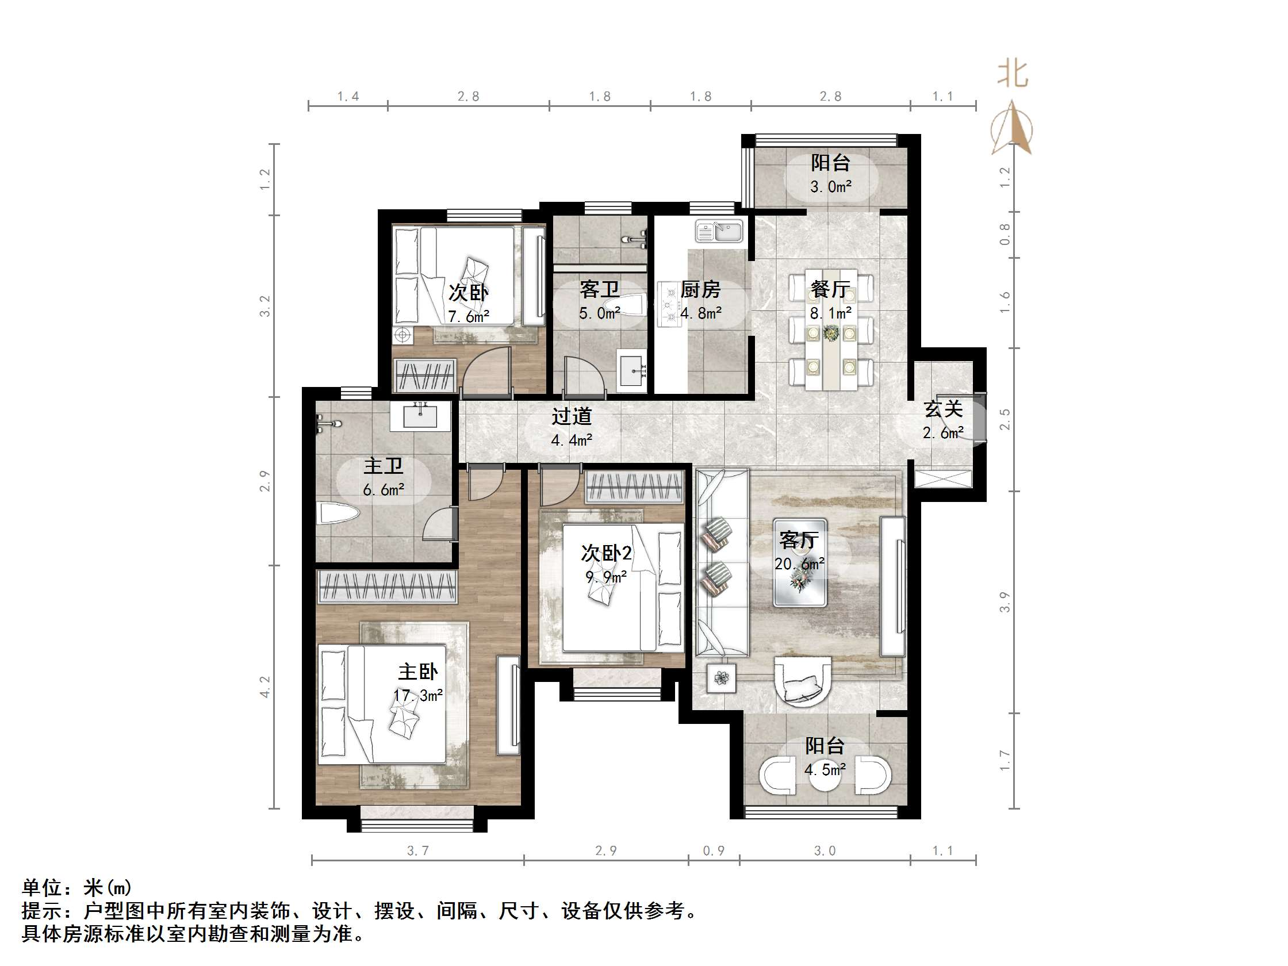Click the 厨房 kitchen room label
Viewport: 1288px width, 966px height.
[700, 289]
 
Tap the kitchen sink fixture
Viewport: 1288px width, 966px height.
[719, 231]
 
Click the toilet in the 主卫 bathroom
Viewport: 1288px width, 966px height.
[338, 515]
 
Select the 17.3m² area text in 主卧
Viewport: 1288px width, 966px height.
[417, 695]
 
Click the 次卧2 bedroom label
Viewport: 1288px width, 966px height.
[605, 553]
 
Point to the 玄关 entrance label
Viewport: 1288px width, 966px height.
[942, 409]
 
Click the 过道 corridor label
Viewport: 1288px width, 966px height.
[572, 416]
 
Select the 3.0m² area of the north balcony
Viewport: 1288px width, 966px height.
[831, 187]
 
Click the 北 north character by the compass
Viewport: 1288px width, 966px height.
[1013, 75]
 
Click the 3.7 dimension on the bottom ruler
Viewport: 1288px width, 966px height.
[417, 850]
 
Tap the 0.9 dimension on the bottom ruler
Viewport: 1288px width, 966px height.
[714, 850]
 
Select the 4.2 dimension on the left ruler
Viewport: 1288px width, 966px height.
[265, 687]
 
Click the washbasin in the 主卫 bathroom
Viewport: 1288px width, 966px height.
[420, 415]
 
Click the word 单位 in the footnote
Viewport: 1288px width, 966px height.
[42, 887]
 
